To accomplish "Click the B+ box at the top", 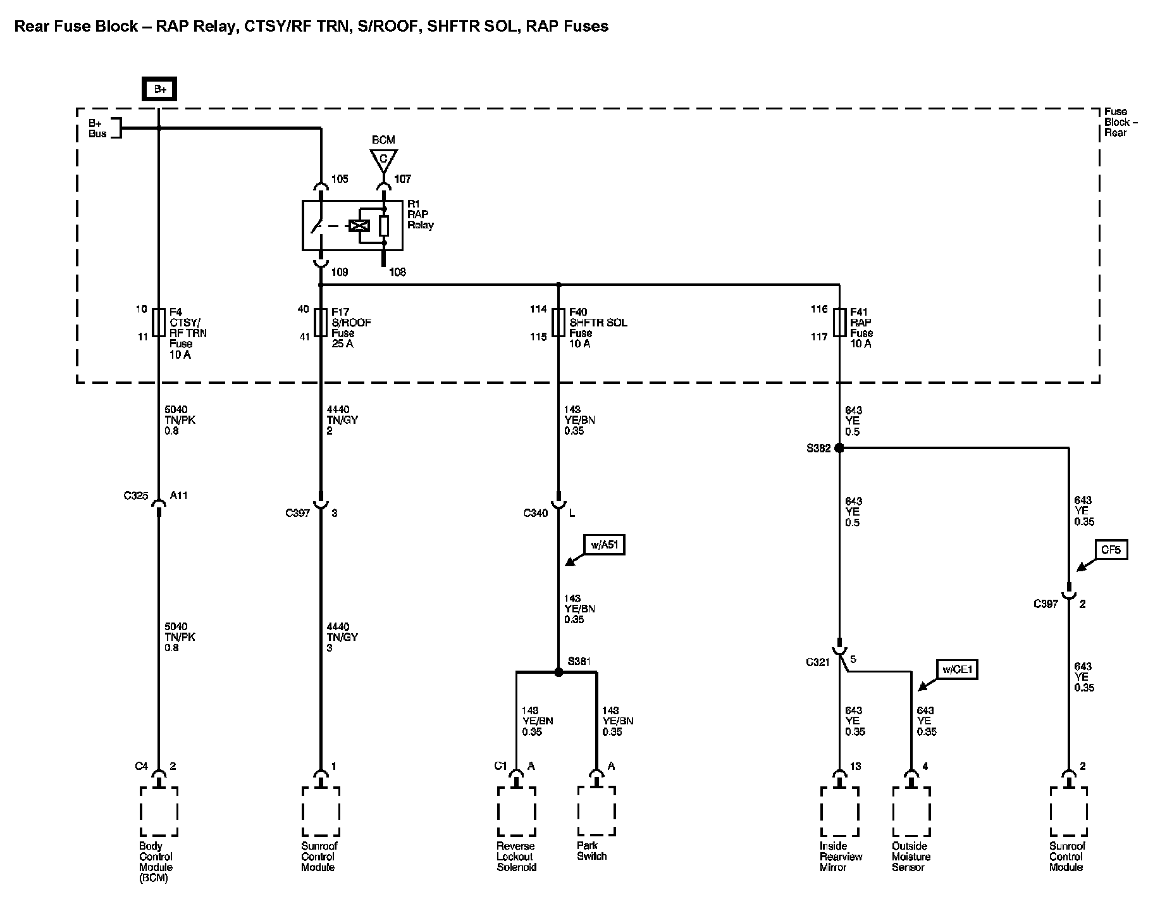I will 159,90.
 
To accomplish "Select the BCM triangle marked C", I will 383,159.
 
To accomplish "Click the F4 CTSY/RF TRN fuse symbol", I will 159,323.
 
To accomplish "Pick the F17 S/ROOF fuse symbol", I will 321,323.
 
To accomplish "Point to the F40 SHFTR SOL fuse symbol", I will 558,323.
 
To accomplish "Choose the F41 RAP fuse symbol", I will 840,323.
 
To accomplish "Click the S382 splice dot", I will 839,448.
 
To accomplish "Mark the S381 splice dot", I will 558,672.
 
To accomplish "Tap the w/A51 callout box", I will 603,545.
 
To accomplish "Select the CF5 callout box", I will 1110,550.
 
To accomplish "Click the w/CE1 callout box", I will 956,669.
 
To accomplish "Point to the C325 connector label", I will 136,496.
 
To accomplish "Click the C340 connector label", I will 536,513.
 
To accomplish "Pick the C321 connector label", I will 818,662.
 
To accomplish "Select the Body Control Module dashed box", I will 159,811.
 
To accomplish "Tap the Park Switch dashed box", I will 596,811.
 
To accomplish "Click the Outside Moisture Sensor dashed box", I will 911,811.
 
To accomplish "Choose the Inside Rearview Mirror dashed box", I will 839,811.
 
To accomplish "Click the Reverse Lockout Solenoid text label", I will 516,857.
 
